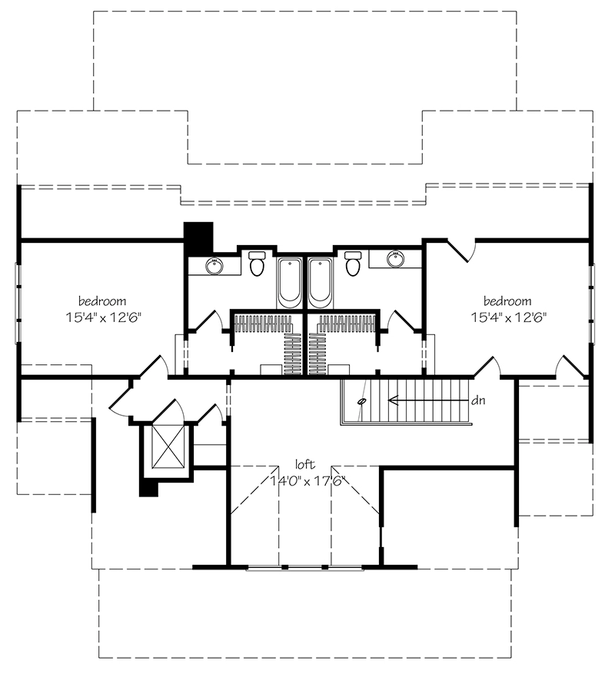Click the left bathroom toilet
point(258,264)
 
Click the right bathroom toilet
point(352,264)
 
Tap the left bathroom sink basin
point(214,266)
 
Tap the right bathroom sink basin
point(395,259)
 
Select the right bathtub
point(321,283)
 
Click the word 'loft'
point(305,465)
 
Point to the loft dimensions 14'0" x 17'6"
point(308,481)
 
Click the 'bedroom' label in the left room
point(102,301)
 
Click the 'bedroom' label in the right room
point(507,301)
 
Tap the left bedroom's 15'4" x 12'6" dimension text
point(104,318)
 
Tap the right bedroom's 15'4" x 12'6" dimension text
point(509,318)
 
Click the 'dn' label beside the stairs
point(478,400)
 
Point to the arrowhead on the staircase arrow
point(392,400)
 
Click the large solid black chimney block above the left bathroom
point(198,237)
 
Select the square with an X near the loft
point(168,446)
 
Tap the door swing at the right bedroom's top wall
point(462,251)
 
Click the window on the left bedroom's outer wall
point(18,303)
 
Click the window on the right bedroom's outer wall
point(592,303)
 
